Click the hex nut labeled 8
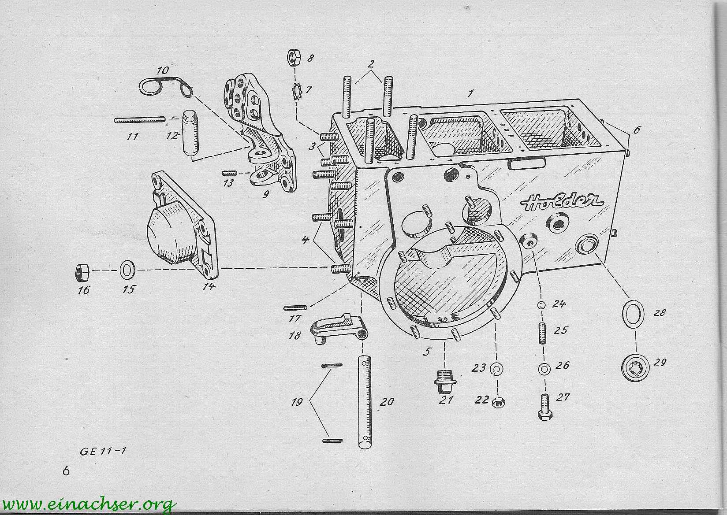coord(295,57)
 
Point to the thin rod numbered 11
coord(140,120)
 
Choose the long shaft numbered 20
coord(365,402)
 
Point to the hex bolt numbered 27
coord(545,407)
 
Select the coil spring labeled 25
coord(542,333)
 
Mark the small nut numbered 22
coord(498,402)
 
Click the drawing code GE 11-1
coord(103,452)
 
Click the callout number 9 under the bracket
coord(266,194)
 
